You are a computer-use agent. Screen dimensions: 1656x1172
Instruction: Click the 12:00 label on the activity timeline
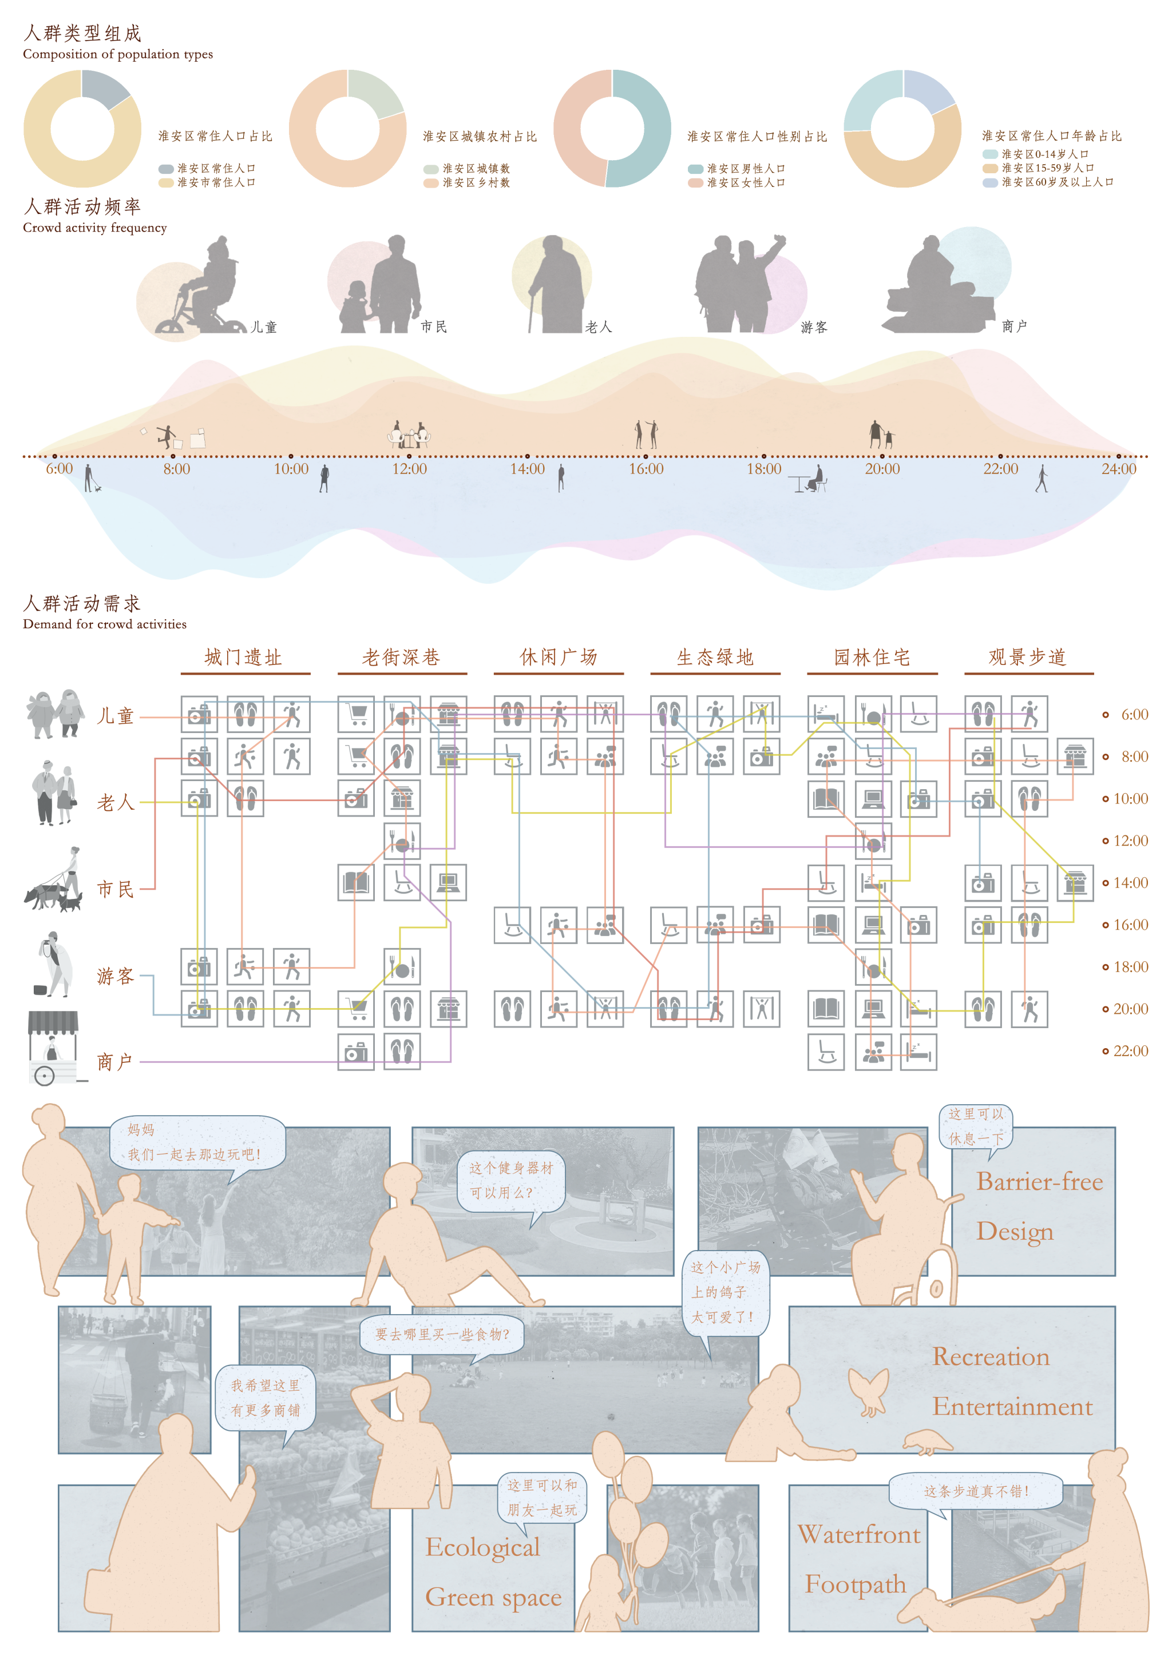(409, 469)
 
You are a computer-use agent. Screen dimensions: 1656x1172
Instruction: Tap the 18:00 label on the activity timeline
(763, 469)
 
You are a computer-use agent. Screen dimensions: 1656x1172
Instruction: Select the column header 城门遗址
(243, 657)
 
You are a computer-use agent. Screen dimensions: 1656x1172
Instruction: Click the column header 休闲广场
(558, 657)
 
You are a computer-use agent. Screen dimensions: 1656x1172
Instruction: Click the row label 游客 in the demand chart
(116, 976)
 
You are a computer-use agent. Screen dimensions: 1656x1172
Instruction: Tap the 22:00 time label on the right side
(1130, 1051)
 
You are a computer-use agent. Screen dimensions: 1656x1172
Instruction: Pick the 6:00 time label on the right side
(1134, 715)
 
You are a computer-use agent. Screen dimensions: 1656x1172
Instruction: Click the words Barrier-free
(1039, 1181)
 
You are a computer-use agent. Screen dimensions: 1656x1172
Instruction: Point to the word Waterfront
(859, 1534)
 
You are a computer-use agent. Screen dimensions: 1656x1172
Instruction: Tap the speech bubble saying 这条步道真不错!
(976, 1491)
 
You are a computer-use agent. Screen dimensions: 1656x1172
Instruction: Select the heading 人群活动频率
(82, 207)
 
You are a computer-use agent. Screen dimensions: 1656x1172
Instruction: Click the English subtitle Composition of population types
(118, 54)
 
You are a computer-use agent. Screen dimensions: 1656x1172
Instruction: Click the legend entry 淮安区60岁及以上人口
(1056, 182)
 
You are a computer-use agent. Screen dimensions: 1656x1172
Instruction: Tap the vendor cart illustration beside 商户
(52, 1047)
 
